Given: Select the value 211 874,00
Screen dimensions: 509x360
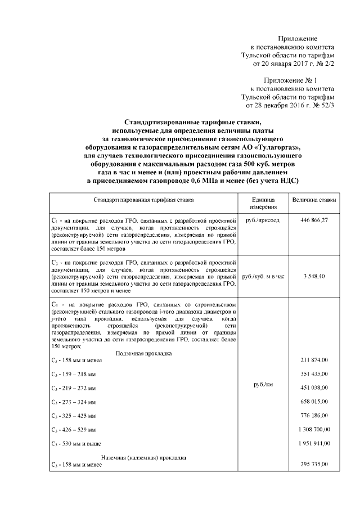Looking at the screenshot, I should click(x=315, y=360).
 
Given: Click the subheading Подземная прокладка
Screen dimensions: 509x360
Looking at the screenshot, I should click(x=143, y=353).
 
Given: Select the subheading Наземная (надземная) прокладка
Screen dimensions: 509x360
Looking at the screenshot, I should click(x=143, y=457).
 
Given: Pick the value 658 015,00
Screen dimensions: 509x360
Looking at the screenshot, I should click(x=315, y=402).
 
